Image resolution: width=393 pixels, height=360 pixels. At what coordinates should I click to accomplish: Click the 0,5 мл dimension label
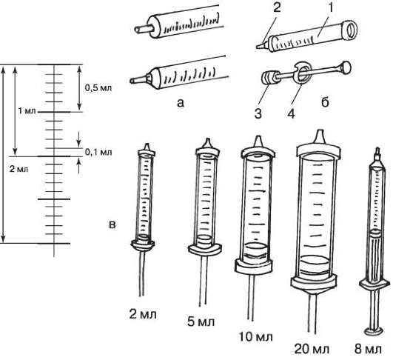tap(98, 88)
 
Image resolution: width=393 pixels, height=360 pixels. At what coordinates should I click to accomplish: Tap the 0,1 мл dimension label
tap(98, 152)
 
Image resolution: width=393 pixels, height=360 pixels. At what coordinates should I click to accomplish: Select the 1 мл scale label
tap(27, 110)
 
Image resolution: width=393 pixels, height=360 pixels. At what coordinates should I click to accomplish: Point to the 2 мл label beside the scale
tap(19, 169)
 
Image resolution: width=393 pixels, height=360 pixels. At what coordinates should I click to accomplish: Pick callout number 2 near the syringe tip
tap(277, 7)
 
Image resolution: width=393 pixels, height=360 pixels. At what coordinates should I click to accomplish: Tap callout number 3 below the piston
tap(258, 113)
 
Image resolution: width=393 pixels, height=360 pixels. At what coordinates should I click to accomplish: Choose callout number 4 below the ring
tap(292, 113)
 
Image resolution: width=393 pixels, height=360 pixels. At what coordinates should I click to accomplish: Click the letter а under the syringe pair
tap(180, 102)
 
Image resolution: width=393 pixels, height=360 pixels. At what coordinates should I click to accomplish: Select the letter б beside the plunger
tap(325, 102)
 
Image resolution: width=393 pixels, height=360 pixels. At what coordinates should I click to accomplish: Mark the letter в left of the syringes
tap(112, 224)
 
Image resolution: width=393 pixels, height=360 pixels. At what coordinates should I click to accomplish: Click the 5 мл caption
tap(201, 321)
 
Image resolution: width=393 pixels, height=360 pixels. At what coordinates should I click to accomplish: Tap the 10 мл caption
tap(256, 336)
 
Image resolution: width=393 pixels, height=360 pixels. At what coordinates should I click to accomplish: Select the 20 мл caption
tap(312, 349)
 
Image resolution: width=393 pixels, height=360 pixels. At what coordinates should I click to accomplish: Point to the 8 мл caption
tap(368, 349)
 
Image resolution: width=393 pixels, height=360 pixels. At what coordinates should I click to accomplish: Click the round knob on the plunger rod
tap(345, 67)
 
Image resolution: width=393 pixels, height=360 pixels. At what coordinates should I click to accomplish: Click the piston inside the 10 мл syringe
tap(255, 253)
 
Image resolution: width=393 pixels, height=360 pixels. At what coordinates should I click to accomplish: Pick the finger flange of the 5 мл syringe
tap(205, 250)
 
